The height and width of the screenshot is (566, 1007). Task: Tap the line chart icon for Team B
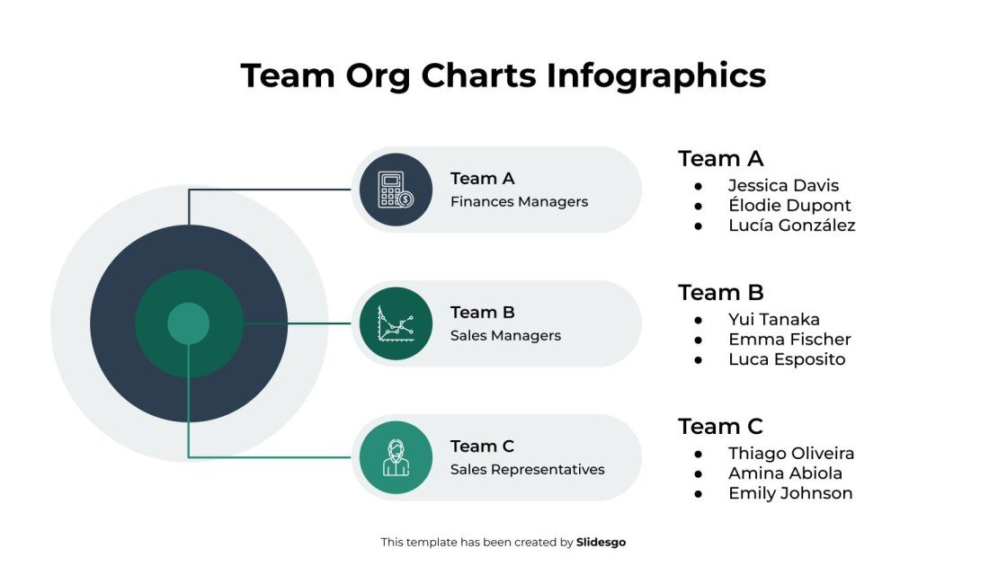coord(396,323)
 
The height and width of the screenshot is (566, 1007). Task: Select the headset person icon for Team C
coord(396,457)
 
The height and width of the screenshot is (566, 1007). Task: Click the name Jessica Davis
coord(783,186)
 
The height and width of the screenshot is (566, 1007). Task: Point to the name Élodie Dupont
coord(789,206)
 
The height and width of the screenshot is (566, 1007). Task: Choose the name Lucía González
coord(791,226)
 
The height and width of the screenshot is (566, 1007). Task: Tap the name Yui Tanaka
coord(773,320)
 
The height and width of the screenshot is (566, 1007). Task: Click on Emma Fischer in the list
coord(789,340)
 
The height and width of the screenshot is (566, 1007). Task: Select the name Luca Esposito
coord(787,359)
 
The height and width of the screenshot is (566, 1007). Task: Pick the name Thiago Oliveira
coord(791,454)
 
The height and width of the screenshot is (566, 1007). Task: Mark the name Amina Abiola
coord(785,473)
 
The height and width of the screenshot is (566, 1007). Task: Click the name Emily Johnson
coord(790,493)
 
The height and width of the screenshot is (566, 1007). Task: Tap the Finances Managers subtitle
coord(519,202)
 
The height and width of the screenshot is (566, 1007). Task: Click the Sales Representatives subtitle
coord(527,470)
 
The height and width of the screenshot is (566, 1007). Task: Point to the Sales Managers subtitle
coord(505,336)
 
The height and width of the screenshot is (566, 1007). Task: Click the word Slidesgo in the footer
coord(601,543)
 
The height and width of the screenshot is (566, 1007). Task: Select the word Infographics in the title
coord(656,75)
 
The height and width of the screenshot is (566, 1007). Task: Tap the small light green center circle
coord(189,323)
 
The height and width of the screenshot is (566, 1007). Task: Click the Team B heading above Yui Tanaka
coord(720,293)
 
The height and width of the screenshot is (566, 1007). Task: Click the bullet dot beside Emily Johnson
coord(699,493)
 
